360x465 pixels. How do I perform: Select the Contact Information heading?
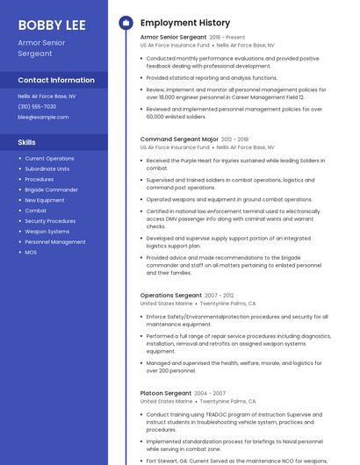pyautogui.click(x=56, y=80)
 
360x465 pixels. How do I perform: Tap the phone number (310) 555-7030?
pyautogui.click(x=37, y=106)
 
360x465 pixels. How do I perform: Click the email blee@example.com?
pyautogui.click(x=43, y=117)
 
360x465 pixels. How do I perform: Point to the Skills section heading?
pyautogui.click(x=27, y=141)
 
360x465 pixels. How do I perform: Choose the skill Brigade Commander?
pyautogui.click(x=51, y=190)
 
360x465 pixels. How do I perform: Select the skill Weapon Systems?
pyautogui.click(x=47, y=231)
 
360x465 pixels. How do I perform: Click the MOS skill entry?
pyautogui.click(x=31, y=252)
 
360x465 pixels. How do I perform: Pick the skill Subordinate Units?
pyautogui.click(x=47, y=168)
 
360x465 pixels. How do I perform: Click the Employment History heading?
pyautogui.click(x=185, y=23)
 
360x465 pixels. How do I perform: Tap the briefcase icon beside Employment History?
pyautogui.click(x=126, y=23)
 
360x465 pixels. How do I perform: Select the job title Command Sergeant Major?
pyautogui.click(x=179, y=139)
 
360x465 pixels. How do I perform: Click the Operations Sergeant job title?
pyautogui.click(x=170, y=295)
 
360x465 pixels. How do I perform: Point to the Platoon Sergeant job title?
pyautogui.click(x=165, y=393)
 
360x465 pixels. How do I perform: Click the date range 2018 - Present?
pyautogui.click(x=227, y=38)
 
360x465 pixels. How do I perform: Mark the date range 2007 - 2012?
pyautogui.click(x=220, y=296)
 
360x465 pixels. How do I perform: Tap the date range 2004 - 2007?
pyautogui.click(x=210, y=393)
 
